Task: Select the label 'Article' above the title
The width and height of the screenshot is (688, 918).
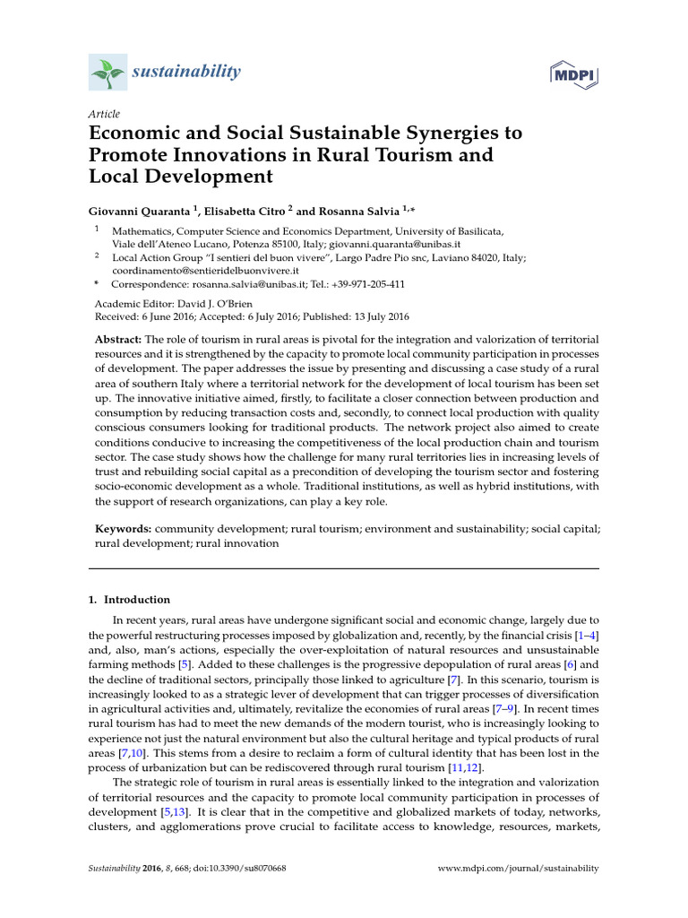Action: click(x=103, y=114)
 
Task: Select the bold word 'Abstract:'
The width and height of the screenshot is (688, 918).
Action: click(x=118, y=340)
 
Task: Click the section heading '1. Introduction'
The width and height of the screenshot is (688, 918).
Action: click(x=132, y=600)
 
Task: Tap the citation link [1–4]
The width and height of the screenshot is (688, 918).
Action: click(x=586, y=636)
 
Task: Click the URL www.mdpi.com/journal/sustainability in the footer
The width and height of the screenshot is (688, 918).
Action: click(x=517, y=869)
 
